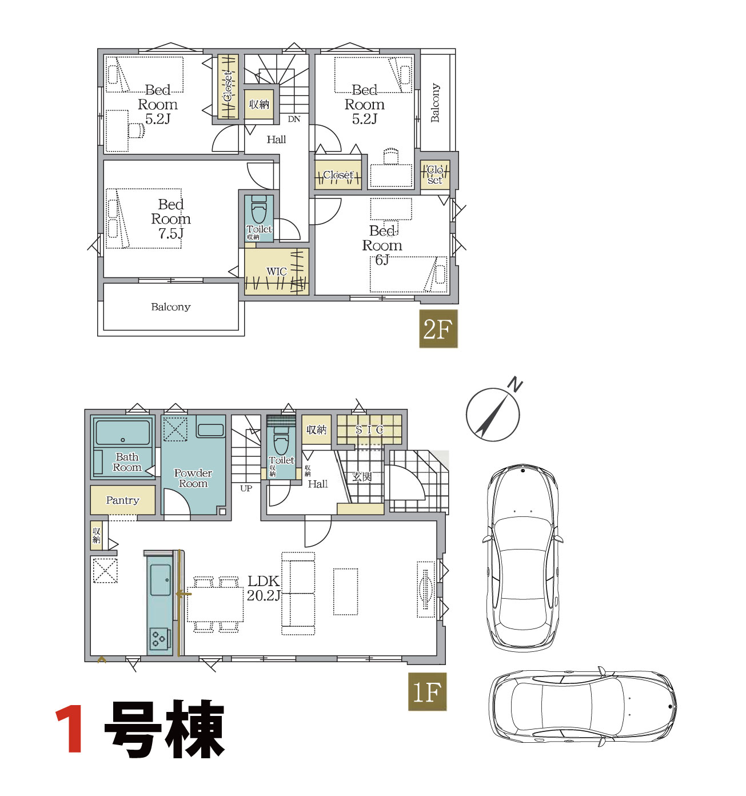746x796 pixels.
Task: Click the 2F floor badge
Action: [x=438, y=329]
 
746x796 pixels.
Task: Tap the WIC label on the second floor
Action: [x=277, y=272]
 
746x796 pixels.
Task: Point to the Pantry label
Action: [x=123, y=500]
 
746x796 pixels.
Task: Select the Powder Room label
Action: [x=193, y=478]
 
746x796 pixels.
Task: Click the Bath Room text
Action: [x=127, y=462]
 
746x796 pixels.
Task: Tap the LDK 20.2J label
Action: [x=264, y=588]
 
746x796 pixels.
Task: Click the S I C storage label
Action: [x=369, y=429]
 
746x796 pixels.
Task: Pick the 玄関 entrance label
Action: [x=362, y=477]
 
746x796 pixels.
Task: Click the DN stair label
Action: [x=294, y=119]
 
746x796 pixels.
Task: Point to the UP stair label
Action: [x=246, y=488]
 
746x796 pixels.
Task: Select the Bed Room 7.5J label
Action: [x=171, y=219]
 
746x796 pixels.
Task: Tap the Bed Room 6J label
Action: [x=382, y=245]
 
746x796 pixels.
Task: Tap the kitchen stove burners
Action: [x=158, y=638]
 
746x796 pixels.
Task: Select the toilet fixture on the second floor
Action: [x=258, y=210]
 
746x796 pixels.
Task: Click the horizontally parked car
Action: [x=583, y=708]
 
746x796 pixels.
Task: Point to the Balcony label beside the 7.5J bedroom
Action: [x=171, y=307]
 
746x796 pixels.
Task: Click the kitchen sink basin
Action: [x=160, y=580]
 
